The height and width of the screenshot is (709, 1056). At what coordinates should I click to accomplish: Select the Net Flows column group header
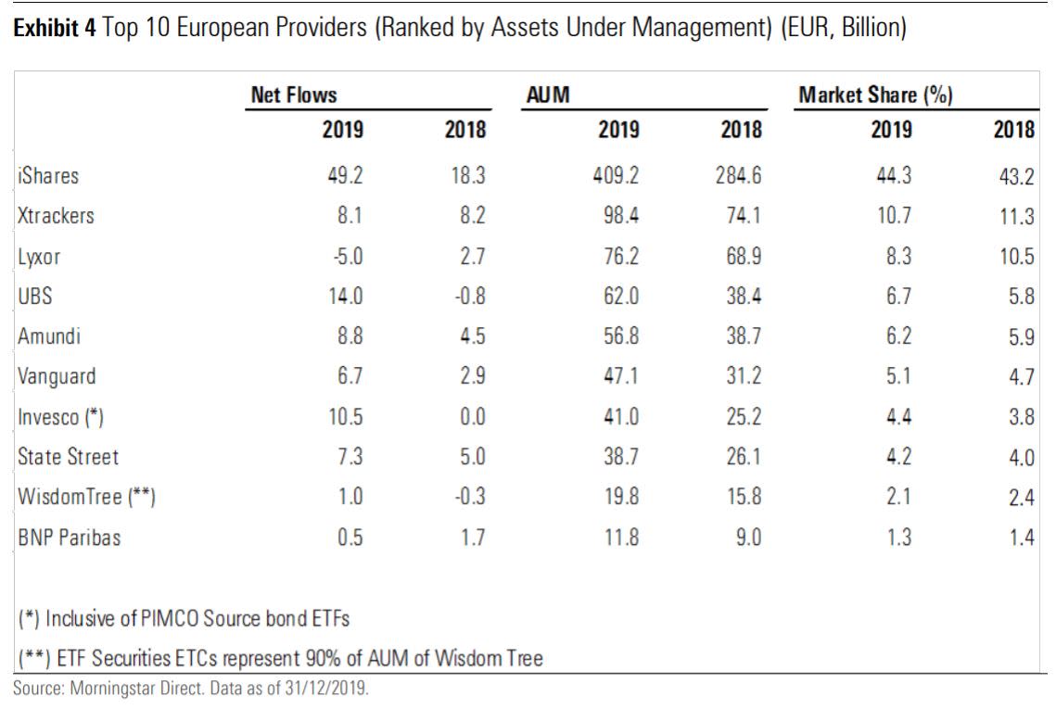pos(294,95)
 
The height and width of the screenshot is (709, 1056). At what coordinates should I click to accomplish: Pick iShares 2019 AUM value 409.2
pos(615,175)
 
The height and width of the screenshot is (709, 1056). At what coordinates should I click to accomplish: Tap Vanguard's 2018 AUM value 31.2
pos(743,377)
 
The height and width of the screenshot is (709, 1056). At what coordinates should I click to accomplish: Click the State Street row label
pos(68,457)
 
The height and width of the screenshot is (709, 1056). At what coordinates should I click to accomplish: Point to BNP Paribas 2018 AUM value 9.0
pos(747,538)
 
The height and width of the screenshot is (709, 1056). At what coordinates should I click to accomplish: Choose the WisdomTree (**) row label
pos(86,498)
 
